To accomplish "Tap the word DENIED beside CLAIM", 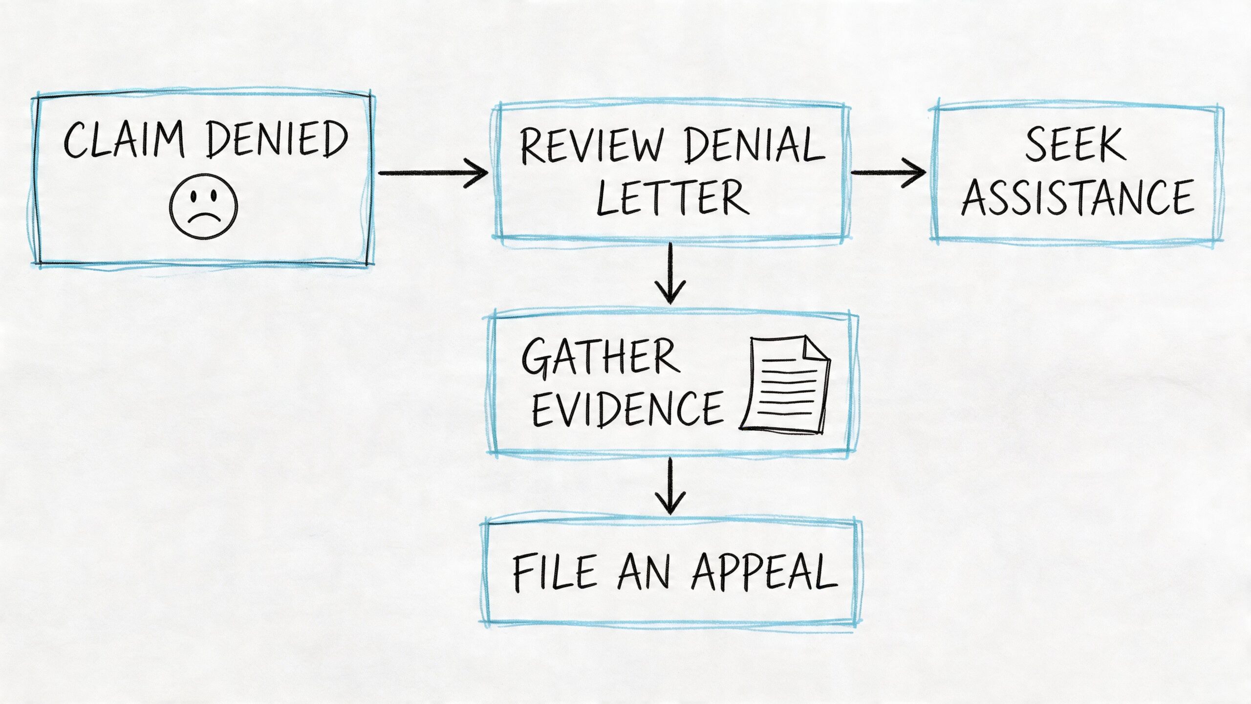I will tap(277, 140).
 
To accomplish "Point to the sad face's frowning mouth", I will tap(204, 217).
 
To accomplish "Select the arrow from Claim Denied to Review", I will tap(433, 173).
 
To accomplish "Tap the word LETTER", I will tap(672, 198).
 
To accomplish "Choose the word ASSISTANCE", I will tap(1078, 198).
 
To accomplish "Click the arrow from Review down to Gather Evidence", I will tap(670, 274).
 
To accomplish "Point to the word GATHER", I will tap(601, 358).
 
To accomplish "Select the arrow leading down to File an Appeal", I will tap(670, 486).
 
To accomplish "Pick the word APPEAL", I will tap(764, 572).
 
